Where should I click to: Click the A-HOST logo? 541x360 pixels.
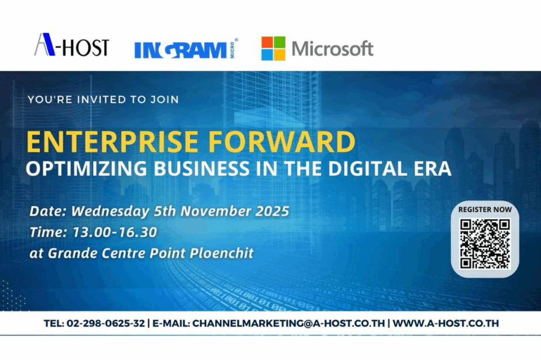click(72, 44)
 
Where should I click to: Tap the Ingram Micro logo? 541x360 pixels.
click(186, 49)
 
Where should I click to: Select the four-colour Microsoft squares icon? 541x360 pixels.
click(273, 49)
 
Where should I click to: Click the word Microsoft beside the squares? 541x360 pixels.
click(333, 49)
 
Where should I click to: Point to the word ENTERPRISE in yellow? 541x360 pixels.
click(112, 142)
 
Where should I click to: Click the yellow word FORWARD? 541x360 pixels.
click(281, 142)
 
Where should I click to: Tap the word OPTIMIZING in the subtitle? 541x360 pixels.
click(87, 169)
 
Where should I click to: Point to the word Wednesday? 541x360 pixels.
click(110, 212)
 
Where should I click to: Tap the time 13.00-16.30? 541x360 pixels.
click(115, 232)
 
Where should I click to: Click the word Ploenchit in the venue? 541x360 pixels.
click(222, 253)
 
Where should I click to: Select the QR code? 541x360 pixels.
click(485, 244)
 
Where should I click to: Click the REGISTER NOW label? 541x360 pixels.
click(485, 209)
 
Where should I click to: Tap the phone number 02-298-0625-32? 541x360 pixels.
click(106, 323)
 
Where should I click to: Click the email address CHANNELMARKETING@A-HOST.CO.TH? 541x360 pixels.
click(288, 323)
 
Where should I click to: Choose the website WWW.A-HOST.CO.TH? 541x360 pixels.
click(446, 323)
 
